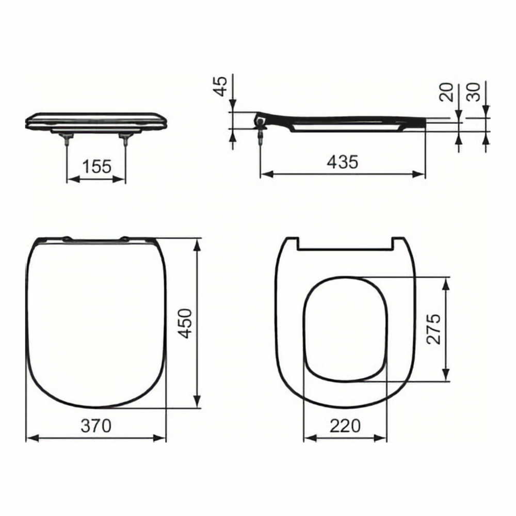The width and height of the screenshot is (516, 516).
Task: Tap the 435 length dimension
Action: pyautogui.click(x=343, y=162)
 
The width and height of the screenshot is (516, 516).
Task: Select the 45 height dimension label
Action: pyautogui.click(x=221, y=86)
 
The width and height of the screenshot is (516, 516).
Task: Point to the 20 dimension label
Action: pyautogui.click(x=446, y=92)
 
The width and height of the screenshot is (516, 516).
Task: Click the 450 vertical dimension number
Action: pyautogui.click(x=185, y=324)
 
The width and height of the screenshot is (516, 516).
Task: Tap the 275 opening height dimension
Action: pyautogui.click(x=433, y=329)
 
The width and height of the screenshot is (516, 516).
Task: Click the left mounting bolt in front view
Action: pyautogui.click(x=67, y=139)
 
